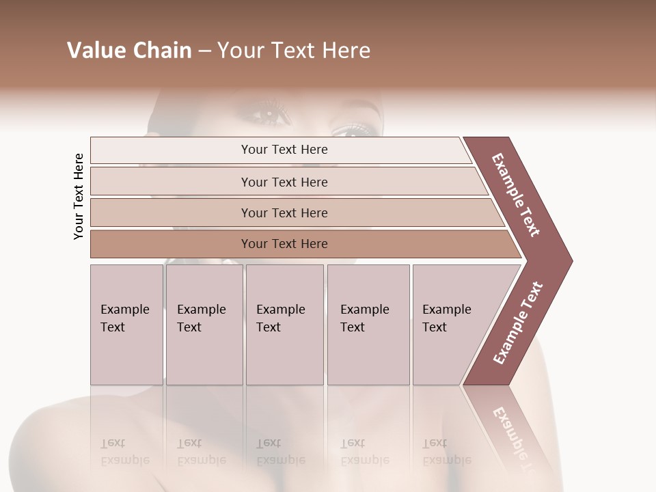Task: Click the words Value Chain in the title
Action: (129, 51)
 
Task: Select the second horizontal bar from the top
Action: (284, 182)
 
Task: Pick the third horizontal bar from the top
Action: (284, 213)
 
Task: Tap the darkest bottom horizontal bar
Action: (284, 244)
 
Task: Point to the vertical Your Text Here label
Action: (79, 196)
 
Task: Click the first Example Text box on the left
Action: (126, 324)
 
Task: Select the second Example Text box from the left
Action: (204, 324)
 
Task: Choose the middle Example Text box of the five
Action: (284, 324)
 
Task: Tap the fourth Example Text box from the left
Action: (368, 324)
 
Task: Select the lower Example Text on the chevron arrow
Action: (518, 323)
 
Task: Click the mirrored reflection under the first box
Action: (125, 452)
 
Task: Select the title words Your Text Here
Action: (294, 51)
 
